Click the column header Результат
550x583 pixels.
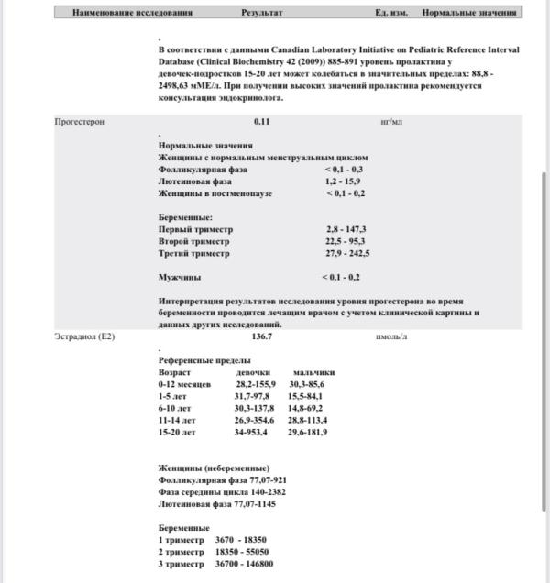click(x=262, y=13)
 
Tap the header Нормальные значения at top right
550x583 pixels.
click(x=470, y=13)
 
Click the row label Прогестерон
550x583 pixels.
click(x=80, y=122)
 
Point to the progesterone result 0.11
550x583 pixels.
click(x=262, y=122)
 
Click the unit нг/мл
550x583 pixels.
click(x=391, y=122)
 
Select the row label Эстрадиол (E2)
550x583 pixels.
click(x=85, y=337)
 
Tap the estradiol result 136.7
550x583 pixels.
click(x=262, y=337)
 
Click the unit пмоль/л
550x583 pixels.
click(x=391, y=337)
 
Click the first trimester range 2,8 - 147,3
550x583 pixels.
click(x=346, y=229)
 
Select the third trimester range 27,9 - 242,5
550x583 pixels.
click(x=347, y=253)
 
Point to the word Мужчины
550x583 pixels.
click(x=180, y=277)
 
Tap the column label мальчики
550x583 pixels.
click(x=313, y=373)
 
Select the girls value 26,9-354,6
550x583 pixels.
click(x=256, y=420)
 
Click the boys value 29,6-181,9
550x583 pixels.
click(x=308, y=432)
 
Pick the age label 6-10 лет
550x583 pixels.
click(x=175, y=408)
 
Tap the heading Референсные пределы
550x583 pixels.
click(x=197, y=361)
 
